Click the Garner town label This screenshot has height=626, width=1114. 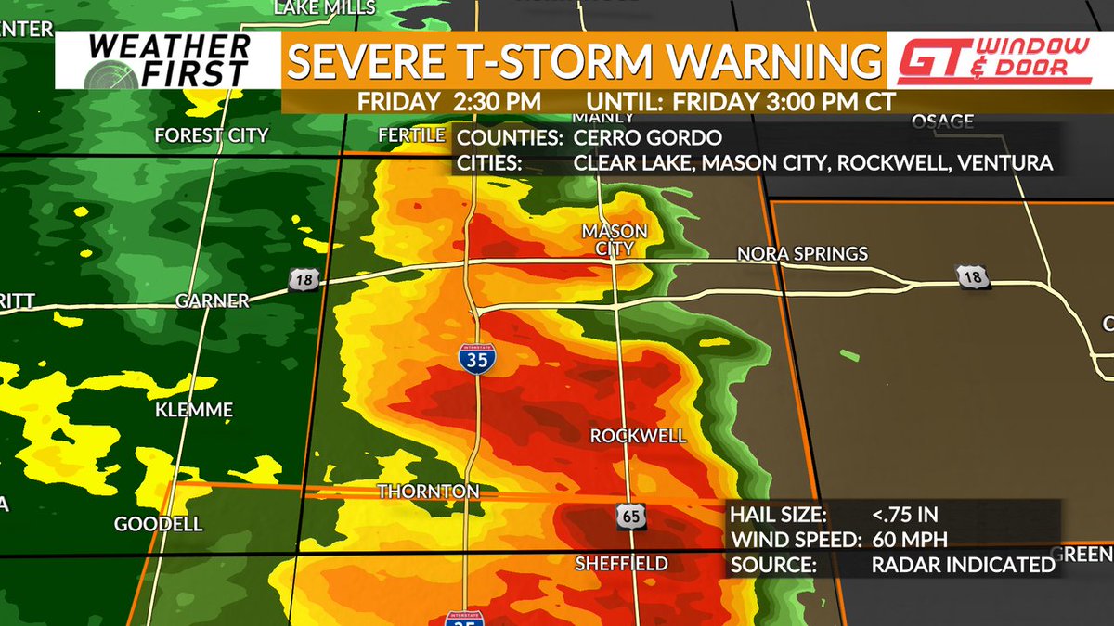tap(213, 300)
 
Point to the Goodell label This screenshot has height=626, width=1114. tap(158, 525)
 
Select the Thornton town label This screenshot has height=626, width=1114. tap(428, 491)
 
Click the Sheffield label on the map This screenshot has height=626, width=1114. tap(621, 563)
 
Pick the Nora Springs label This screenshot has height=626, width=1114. tap(802, 253)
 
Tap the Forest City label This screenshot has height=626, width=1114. tap(212, 135)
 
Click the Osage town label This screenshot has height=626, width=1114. tap(942, 121)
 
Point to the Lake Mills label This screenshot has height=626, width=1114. tap(325, 7)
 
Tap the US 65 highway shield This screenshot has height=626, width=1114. tap(628, 518)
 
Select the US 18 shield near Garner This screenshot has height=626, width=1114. tap(305, 280)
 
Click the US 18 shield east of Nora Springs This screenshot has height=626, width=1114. tap(971, 275)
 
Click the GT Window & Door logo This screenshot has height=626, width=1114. tap(991, 61)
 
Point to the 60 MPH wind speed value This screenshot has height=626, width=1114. tap(909, 541)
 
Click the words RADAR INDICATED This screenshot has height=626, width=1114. tap(963, 565)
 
